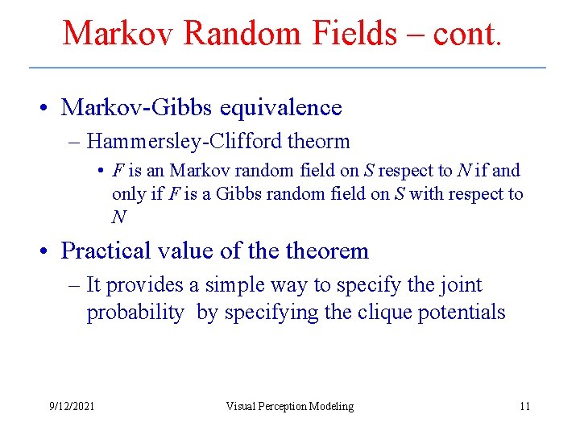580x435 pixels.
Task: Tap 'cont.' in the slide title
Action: [467, 34]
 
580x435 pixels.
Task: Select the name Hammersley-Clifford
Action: [187, 142]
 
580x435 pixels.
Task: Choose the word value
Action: [188, 251]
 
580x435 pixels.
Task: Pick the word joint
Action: [459, 285]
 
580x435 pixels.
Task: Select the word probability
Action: [135, 313]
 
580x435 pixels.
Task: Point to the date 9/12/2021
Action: [72, 406]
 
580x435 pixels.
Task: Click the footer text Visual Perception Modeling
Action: [290, 406]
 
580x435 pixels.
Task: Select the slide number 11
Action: [524, 406]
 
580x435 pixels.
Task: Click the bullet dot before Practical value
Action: [49, 251]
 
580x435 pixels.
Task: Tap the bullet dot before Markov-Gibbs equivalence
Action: [49, 108]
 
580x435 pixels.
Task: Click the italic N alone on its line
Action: [118, 217]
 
